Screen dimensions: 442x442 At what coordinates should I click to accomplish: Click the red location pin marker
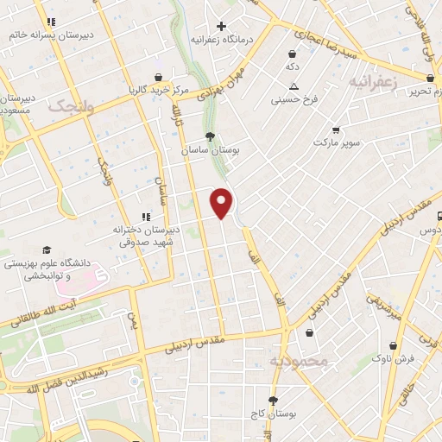(x=223, y=201)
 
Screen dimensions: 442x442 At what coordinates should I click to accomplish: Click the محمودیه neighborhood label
(x=299, y=361)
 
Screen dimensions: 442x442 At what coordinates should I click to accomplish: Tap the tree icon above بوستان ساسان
(x=210, y=136)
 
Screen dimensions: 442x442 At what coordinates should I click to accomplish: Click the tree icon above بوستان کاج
(x=274, y=401)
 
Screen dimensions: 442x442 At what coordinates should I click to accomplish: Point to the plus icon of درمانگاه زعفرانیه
(x=223, y=26)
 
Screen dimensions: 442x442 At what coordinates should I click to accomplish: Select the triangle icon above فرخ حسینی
(x=294, y=85)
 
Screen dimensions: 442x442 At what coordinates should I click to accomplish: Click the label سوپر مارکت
(x=335, y=140)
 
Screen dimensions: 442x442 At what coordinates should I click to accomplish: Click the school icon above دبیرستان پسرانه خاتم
(x=50, y=21)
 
